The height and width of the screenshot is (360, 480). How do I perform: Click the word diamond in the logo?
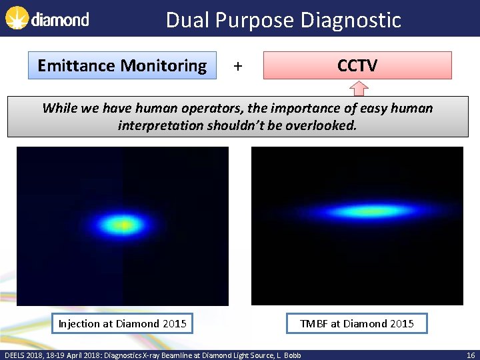coord(60,20)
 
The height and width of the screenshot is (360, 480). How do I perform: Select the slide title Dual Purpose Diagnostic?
coord(283,20)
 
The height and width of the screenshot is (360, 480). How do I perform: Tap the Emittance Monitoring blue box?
coord(122,65)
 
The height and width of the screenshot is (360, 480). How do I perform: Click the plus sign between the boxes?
coord(238,66)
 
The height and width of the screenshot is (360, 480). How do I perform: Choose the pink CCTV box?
coord(357,65)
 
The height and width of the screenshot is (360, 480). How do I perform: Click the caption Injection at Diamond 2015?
coord(122,323)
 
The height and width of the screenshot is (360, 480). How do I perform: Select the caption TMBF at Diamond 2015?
coord(357,323)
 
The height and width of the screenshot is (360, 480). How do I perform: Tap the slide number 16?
coord(470,355)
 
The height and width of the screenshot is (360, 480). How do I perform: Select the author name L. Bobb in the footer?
coord(288,355)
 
